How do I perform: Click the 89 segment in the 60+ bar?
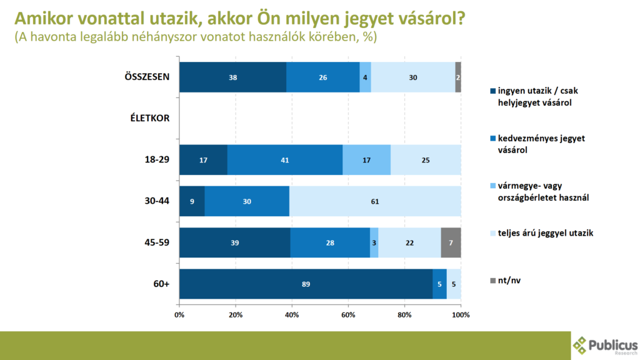(305, 284)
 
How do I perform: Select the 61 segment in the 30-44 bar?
(375, 201)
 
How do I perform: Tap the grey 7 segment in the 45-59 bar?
(451, 242)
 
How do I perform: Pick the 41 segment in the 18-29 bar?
(285, 160)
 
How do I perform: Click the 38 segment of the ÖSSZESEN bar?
(232, 77)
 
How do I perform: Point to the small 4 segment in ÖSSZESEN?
(365, 77)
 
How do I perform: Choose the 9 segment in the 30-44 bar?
(192, 201)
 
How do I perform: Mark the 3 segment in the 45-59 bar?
(374, 242)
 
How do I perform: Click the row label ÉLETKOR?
(151, 119)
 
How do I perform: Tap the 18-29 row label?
(156, 160)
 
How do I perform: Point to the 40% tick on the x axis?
(292, 314)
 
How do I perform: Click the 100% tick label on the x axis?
(461, 314)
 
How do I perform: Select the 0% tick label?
(179, 314)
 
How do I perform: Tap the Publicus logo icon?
(581, 345)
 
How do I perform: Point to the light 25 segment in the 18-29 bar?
(426, 160)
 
